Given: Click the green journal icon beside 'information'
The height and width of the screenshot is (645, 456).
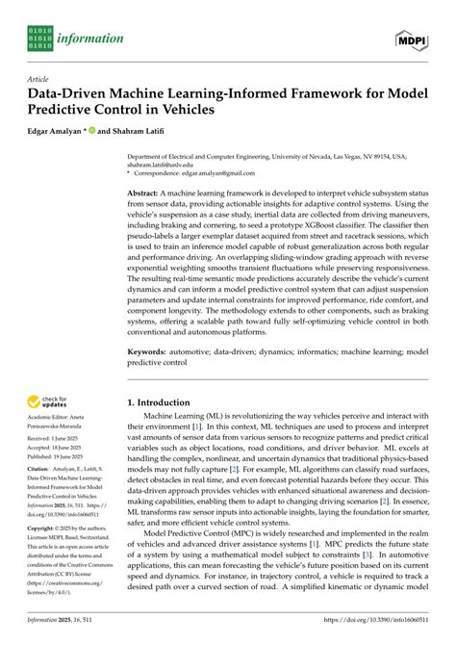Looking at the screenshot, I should (40, 39).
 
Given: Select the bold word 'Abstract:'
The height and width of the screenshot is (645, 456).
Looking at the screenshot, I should (146, 193).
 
